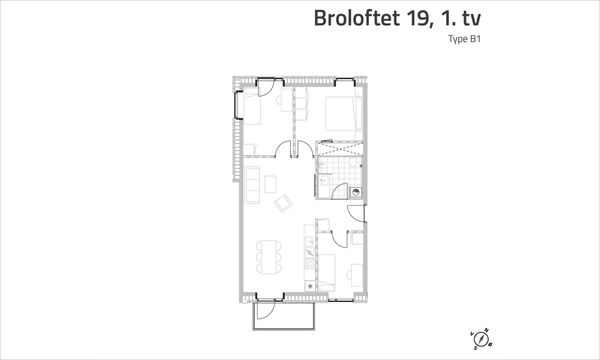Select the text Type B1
465,39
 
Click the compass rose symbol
481,339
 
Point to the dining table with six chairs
269,256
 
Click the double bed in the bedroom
343,113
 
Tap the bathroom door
340,191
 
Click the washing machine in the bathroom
355,192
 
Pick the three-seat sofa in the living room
253,185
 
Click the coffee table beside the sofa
271,184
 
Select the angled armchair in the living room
283,203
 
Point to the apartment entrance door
357,213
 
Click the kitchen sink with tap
310,252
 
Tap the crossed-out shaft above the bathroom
339,148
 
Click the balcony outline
284,328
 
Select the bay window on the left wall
238,105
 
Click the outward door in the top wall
265,88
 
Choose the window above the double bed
344,80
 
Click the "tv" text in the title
471,18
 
